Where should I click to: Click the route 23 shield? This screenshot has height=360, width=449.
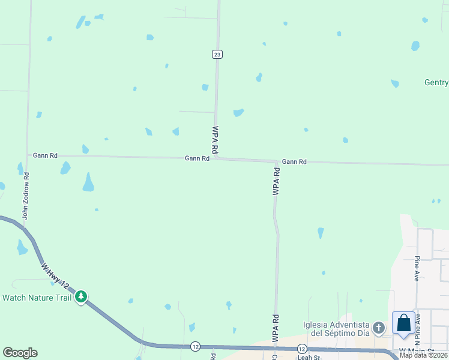(217, 54)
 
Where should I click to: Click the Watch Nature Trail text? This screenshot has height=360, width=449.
(37, 297)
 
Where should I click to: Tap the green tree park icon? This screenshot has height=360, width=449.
(81, 296)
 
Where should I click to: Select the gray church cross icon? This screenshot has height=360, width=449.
(378, 328)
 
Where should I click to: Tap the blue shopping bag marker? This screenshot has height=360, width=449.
(404, 323)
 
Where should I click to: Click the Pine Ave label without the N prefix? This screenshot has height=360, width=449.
(417, 269)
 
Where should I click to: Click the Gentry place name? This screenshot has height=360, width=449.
(436, 83)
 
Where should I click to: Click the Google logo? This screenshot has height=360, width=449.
(20, 353)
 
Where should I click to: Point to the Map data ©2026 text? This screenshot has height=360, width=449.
(423, 355)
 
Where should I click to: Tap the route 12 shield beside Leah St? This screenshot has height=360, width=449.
(302, 349)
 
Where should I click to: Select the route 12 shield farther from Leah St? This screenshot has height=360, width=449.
(195, 346)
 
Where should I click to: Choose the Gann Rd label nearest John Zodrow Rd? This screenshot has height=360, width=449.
(45, 155)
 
